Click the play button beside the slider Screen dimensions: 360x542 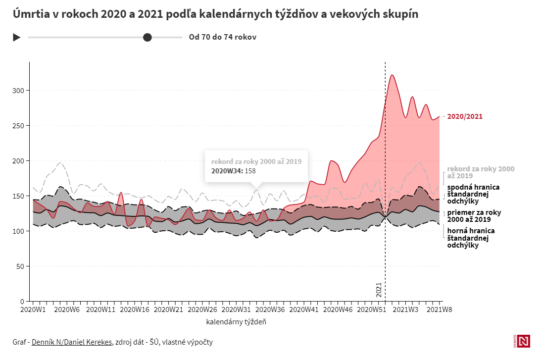tap(16, 37)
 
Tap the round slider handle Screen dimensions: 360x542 tap(147, 37)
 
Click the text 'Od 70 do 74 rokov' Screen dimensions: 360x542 tap(222, 37)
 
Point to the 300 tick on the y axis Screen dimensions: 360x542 tap(18, 91)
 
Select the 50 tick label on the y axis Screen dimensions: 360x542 tap(20, 266)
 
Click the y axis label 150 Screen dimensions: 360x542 tap(18, 196)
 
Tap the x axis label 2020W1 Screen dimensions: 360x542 tap(33, 309)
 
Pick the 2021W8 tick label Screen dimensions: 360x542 tap(440, 309)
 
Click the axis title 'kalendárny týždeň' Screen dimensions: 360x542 tap(236, 322)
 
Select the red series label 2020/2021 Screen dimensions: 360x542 tap(465, 117)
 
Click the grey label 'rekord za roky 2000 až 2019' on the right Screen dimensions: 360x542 tap(481, 172)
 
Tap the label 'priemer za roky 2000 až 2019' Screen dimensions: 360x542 tap(474, 215)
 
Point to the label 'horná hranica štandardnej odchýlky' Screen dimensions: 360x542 tap(471, 238)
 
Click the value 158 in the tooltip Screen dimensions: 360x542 tap(250, 171)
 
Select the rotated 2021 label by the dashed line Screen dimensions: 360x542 tap(379, 290)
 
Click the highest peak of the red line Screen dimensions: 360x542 tap(392, 75)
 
